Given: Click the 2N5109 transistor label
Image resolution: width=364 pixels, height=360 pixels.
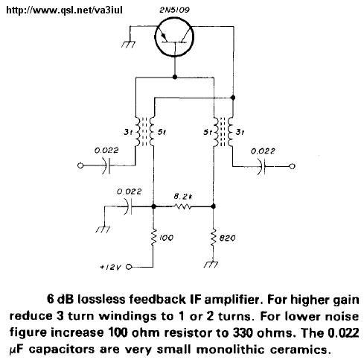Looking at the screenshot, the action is coord(174,10).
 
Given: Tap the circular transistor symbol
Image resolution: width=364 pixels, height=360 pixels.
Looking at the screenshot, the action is coord(174,37).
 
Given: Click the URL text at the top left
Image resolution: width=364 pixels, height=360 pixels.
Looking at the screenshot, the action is coord(64,10).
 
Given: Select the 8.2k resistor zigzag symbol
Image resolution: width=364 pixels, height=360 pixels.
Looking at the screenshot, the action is coord(183,206).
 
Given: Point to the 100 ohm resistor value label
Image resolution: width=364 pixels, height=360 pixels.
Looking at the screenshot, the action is coord(166,238).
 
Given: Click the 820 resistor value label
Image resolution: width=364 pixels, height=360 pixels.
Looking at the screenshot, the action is coord(227,239).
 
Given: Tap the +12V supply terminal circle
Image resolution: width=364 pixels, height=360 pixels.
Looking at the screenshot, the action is coord(129,267).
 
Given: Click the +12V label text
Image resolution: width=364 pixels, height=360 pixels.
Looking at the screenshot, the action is coord(111,268).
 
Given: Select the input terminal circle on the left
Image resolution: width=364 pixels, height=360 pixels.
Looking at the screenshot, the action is coord(80,165).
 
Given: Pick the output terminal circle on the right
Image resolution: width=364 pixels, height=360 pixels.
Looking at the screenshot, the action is coord(292,166).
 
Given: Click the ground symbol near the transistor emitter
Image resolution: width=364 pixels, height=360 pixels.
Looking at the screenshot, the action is coord(128,45).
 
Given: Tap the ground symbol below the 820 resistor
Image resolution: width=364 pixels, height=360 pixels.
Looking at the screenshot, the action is coord(211,265).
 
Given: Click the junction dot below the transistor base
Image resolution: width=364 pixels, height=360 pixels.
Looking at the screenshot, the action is coord(175,77).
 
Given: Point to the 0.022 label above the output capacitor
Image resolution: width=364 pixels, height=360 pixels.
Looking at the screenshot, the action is coord(263,151).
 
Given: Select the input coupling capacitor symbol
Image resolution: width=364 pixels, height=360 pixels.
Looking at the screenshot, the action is coord(108,165).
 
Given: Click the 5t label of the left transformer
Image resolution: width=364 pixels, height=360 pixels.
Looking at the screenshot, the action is coord(162,132).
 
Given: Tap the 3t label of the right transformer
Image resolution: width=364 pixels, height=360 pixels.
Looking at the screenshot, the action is coord(240,132).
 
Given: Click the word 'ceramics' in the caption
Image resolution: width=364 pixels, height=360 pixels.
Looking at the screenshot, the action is coord(301,350).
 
